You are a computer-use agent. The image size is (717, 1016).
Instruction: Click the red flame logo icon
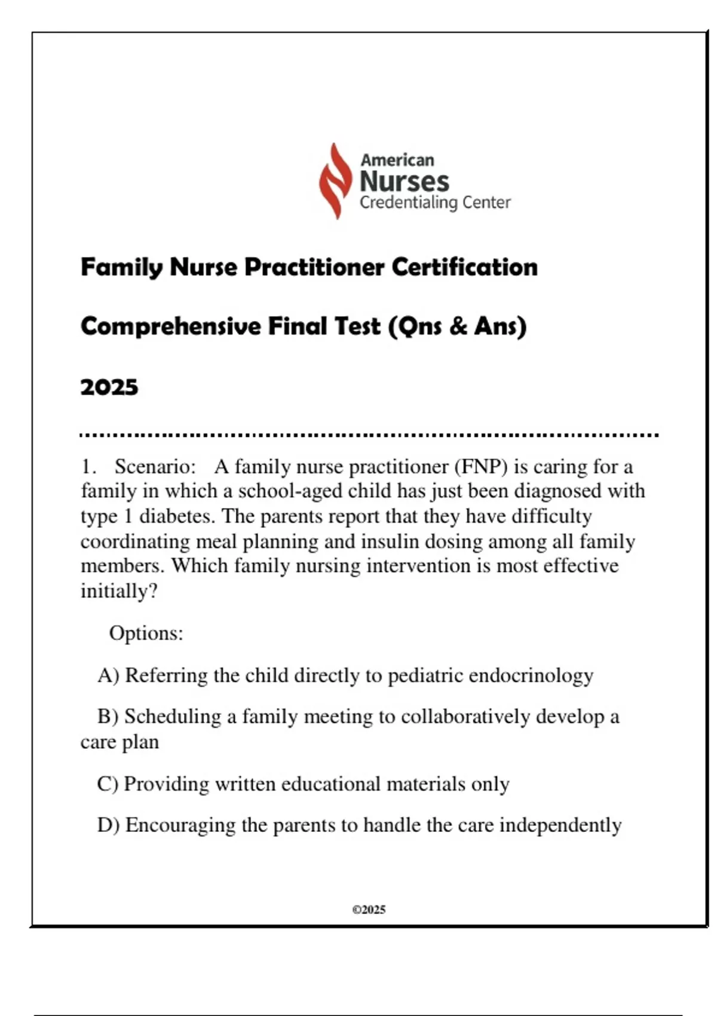click(x=335, y=180)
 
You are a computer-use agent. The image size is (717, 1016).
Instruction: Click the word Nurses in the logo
click(x=404, y=181)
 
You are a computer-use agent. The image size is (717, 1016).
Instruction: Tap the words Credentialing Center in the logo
click(x=434, y=203)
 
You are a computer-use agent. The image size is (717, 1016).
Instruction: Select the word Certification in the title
click(x=464, y=267)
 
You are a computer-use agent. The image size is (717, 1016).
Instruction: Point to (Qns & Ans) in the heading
click(x=457, y=327)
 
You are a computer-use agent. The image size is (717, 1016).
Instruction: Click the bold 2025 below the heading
click(x=109, y=387)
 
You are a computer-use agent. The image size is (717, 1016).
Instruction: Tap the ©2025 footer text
click(x=369, y=910)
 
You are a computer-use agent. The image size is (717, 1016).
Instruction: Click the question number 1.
click(x=88, y=466)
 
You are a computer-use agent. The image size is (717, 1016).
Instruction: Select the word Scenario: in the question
click(x=155, y=466)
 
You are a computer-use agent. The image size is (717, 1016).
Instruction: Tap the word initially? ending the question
click(x=119, y=591)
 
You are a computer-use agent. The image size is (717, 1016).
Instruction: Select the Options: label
click(x=146, y=633)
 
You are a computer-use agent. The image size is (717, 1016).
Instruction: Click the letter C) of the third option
click(x=108, y=784)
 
